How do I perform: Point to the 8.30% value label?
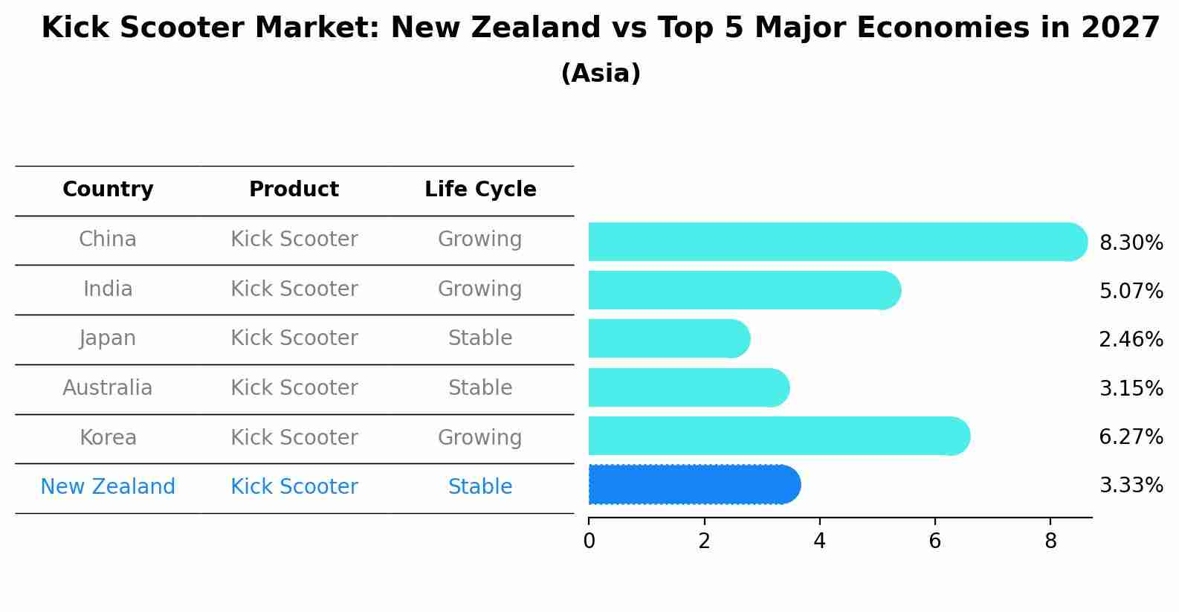coord(1131,243)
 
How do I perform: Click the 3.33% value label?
coord(1131,486)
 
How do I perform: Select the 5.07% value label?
coord(1131,291)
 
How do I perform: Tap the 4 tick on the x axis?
coord(819,541)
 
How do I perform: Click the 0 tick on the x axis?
coord(589,541)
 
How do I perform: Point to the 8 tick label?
coord(1050,541)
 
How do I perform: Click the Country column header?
coord(108,190)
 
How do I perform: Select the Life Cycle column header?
coord(480,190)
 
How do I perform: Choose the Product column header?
coord(294,190)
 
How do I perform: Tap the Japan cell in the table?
coord(108,338)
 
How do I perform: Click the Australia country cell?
coord(108,388)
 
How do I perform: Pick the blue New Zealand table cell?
coord(108,487)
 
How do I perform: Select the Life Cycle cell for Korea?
coord(479,438)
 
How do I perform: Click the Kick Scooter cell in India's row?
coord(294,289)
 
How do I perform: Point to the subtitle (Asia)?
coord(601,74)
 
